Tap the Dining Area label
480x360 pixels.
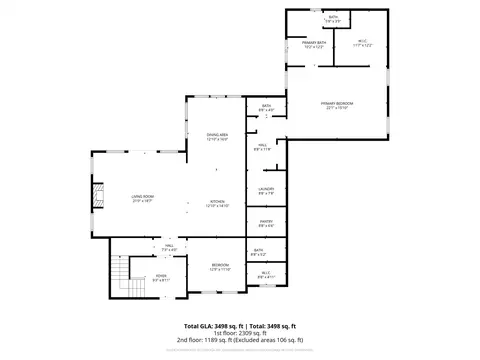(x=217, y=137)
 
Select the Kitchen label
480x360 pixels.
(x=217, y=203)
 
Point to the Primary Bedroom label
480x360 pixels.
(x=339, y=106)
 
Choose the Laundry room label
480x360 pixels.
(x=266, y=191)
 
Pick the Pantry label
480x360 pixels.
(x=266, y=222)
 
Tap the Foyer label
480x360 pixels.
(x=160, y=280)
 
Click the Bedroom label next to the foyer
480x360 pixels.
(x=220, y=267)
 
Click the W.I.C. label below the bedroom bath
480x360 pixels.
(x=266, y=274)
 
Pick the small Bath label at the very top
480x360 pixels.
(x=333, y=19)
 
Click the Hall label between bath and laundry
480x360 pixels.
(x=261, y=147)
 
